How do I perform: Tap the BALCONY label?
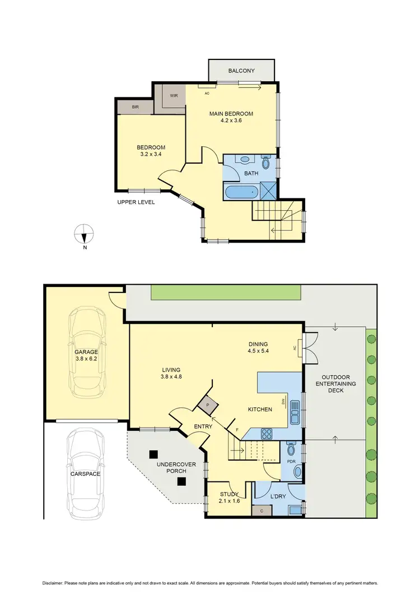coord(241,71)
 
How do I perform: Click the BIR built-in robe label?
coord(135,106)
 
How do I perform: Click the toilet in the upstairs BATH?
coord(266,161)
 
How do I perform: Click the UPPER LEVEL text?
coord(136,202)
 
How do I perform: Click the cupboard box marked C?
coord(262,511)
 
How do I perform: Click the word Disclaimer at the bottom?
coord(53,582)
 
